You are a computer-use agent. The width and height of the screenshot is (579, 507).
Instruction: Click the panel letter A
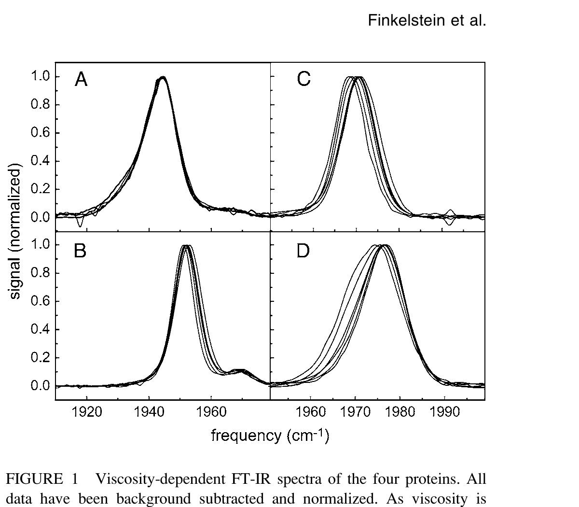tap(81, 79)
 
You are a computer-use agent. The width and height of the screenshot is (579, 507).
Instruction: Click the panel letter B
tap(80, 251)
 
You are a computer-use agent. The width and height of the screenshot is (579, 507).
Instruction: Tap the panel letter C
tap(303, 79)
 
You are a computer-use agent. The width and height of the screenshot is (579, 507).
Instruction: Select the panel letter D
tap(303, 251)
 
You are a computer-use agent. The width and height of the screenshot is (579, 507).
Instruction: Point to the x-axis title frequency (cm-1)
tap(270, 436)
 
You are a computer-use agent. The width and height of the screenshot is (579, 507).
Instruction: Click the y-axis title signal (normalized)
tap(15, 233)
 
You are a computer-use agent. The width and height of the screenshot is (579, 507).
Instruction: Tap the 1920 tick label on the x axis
tap(87, 413)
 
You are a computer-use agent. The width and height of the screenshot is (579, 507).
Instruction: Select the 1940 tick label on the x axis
tap(149, 413)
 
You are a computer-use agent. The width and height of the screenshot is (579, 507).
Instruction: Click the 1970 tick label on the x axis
tap(356, 413)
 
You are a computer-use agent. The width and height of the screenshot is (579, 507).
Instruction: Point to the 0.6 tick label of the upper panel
tap(41, 133)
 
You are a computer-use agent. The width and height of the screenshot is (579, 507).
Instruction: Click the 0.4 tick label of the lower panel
tap(41, 330)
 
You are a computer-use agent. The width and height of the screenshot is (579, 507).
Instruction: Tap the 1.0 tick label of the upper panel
tap(41, 77)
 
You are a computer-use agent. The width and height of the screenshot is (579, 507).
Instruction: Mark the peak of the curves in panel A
tap(163, 77)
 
